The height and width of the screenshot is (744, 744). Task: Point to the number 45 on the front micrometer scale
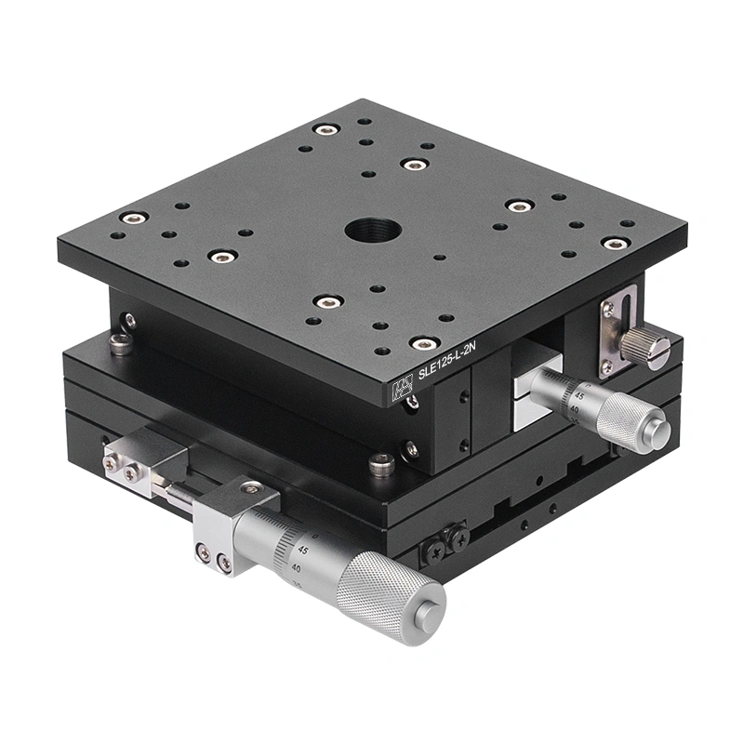coord(302,548)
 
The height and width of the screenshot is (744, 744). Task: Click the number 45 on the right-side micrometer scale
coord(579,395)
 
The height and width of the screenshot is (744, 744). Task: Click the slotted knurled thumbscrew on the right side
coord(645,346)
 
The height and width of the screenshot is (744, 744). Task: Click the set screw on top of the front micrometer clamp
coord(248,486)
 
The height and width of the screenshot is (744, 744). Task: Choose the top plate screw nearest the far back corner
coord(325,129)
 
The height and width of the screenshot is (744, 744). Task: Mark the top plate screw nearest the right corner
coord(615,244)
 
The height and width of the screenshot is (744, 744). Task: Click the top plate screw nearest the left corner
coord(135,218)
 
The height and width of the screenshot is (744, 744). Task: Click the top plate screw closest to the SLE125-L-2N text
coord(423,343)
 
